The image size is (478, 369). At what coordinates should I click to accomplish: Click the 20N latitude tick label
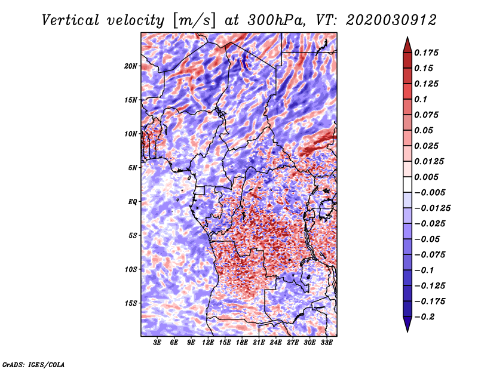click(131, 66)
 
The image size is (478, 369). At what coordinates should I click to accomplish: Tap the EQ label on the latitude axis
click(133, 201)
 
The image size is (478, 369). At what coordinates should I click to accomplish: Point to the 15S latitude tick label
click(131, 303)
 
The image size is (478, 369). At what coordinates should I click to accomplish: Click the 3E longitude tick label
click(158, 343)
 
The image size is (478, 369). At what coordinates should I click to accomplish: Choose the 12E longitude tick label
click(209, 343)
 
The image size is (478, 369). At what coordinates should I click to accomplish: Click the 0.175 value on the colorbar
click(427, 53)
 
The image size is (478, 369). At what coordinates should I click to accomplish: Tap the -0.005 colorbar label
click(430, 192)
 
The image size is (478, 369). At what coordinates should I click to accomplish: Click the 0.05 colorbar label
click(425, 130)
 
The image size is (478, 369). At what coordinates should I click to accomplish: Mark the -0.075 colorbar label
click(430, 254)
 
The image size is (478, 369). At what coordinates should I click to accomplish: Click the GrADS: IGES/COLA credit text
click(33, 364)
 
